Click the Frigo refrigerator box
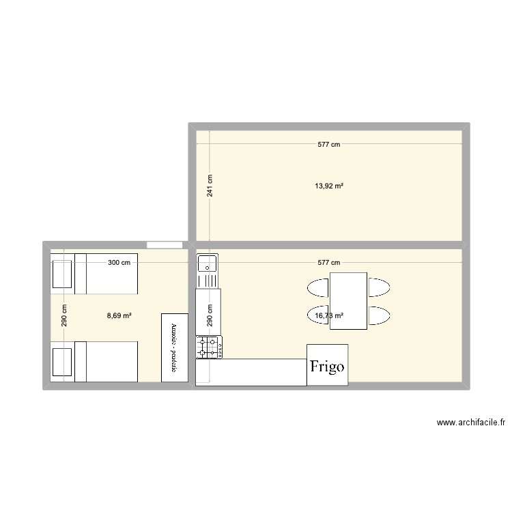pyautogui.click(x=328, y=365)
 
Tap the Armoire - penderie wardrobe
pyautogui.click(x=174, y=347)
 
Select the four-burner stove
pyautogui.click(x=208, y=347)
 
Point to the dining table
pyautogui.click(x=348, y=300)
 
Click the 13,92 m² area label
pyautogui.click(x=329, y=185)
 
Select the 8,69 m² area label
pyautogui.click(x=119, y=315)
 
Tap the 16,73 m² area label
pyautogui.click(x=328, y=315)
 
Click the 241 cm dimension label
pyautogui.click(x=210, y=185)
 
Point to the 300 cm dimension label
pyautogui.click(x=119, y=263)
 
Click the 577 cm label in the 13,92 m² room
pyautogui.click(x=329, y=144)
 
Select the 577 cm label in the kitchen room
pyautogui.click(x=329, y=263)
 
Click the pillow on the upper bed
pyautogui.click(x=63, y=274)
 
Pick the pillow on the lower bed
pyautogui.click(x=63, y=362)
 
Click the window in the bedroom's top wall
pyautogui.click(x=164, y=244)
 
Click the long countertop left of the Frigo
pyautogui.click(x=251, y=372)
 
